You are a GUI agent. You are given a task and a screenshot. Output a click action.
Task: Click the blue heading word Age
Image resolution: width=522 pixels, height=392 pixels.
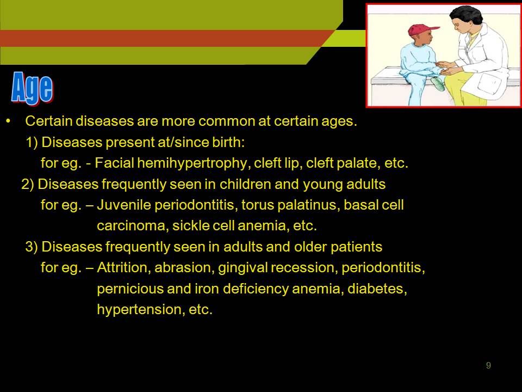tap(32, 88)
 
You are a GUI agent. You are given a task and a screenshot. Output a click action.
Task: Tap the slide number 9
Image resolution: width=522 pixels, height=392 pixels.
tap(488, 365)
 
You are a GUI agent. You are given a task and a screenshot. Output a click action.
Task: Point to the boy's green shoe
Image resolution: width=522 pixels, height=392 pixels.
tap(437, 84)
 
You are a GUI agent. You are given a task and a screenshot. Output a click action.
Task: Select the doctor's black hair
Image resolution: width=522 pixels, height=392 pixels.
tap(465, 15)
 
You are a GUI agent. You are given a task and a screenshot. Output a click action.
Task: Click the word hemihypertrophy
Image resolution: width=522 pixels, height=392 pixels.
tap(192, 163)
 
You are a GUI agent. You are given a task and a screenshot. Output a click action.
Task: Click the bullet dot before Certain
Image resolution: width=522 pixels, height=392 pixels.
tap(9, 121)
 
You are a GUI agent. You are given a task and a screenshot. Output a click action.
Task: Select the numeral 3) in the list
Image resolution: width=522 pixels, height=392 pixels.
tap(32, 247)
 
